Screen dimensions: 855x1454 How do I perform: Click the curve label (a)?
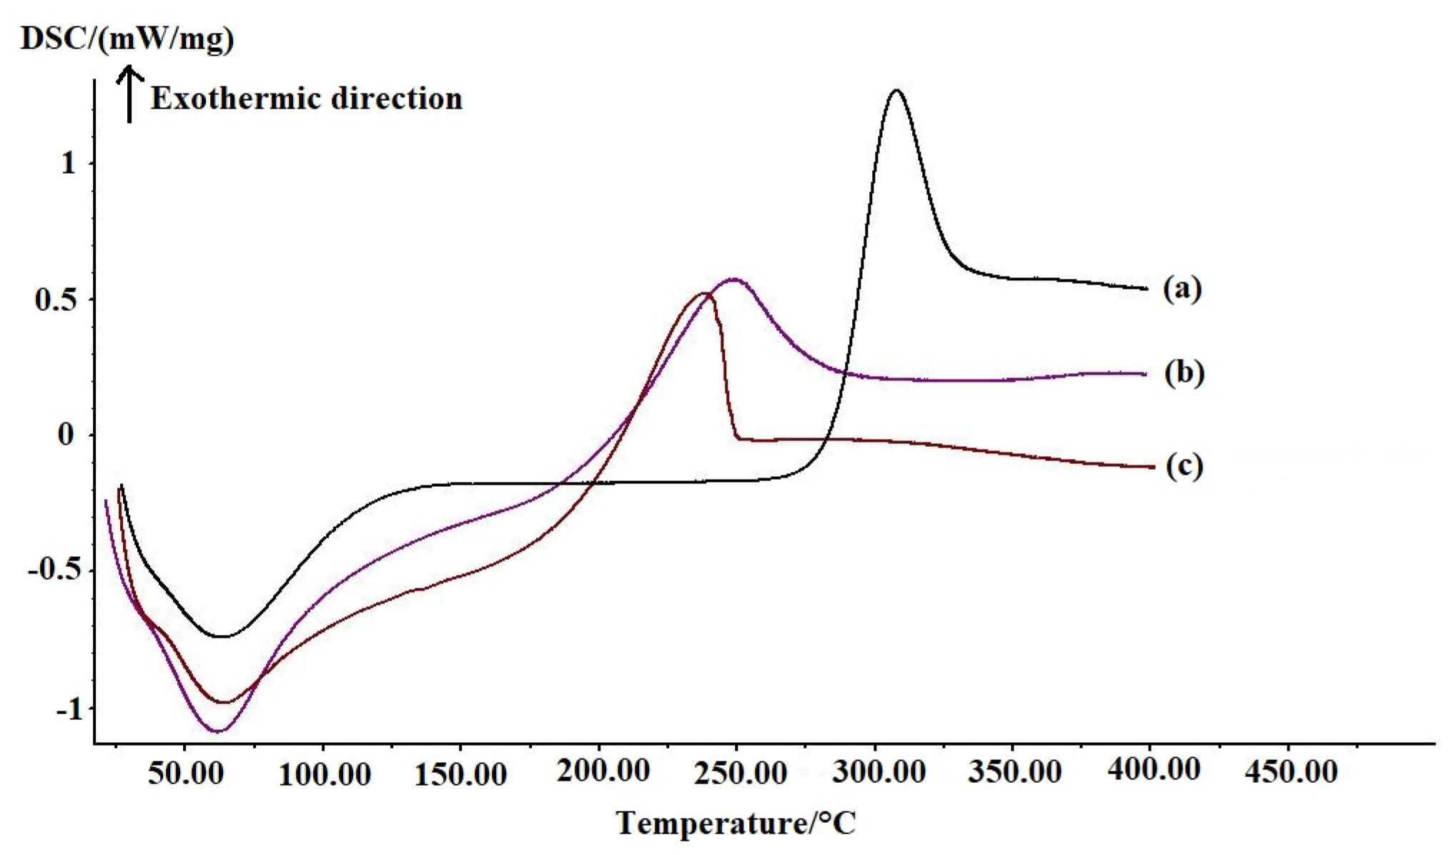coord(1182,289)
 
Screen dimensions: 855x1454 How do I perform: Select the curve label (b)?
coord(1184,373)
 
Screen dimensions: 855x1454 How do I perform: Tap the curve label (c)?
coord(1184,466)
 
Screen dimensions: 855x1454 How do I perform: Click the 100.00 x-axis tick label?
coord(324,774)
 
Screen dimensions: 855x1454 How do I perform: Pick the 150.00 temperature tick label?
coord(461,774)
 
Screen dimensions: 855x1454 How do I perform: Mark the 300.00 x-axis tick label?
coord(880,773)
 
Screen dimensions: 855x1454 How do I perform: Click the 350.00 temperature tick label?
coord(1015,773)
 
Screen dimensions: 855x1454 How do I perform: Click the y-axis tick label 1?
coord(68,164)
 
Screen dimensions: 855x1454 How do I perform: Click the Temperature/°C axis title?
coord(736,824)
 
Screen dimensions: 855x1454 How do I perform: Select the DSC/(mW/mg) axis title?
coord(127,39)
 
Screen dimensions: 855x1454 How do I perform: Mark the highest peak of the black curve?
coord(896,90)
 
